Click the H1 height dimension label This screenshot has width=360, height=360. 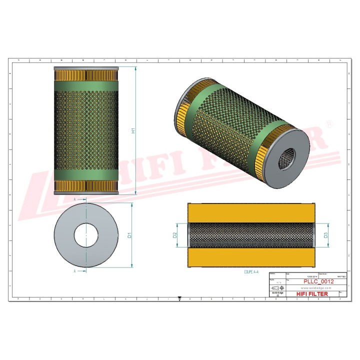click(133, 130)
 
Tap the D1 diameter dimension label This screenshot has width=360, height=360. click(129, 235)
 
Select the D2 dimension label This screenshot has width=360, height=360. click(175, 234)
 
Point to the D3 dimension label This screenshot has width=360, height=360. click(325, 234)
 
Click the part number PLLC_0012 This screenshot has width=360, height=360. click(318, 282)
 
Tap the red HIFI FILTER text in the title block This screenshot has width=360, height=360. click(312, 294)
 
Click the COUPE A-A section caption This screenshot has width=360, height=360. click(253, 272)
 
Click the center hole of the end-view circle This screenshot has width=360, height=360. click(86, 235)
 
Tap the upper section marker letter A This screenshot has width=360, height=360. click(74, 199)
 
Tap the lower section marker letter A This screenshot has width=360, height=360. click(74, 271)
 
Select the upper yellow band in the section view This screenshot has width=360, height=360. click(251, 212)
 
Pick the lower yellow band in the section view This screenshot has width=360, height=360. click(251, 257)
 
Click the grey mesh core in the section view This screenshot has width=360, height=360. click(251, 234)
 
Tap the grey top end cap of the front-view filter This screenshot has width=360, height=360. click(86, 67)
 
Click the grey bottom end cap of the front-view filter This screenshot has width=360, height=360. click(86, 193)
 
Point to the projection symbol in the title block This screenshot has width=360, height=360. click(277, 288)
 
